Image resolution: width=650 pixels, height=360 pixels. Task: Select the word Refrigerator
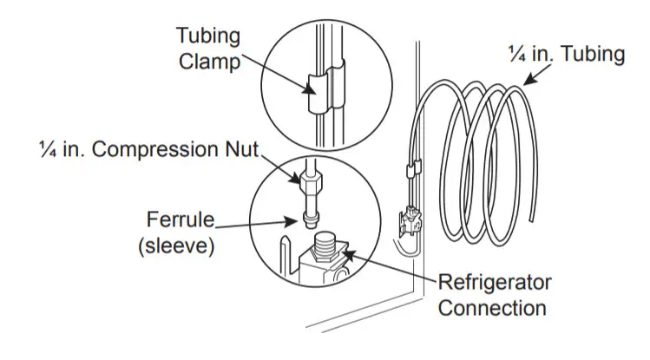tap(494, 284)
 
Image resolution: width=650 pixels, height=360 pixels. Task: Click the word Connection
tap(492, 307)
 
